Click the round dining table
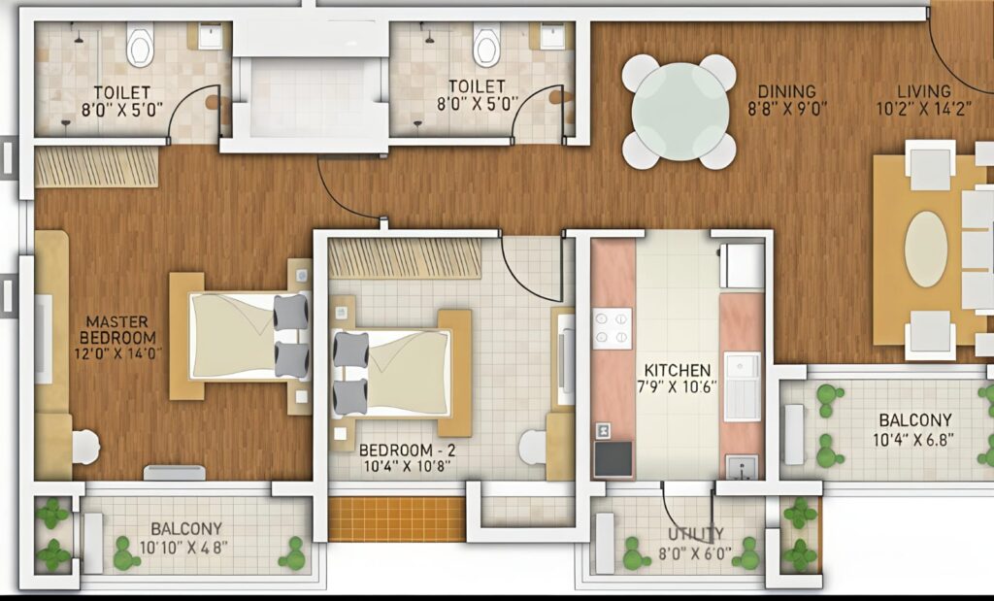[679, 112]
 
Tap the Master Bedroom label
[117, 330]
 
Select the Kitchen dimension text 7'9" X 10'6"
[678, 386]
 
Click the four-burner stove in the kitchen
[612, 328]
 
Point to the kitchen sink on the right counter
[743, 386]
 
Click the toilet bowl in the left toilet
[140, 46]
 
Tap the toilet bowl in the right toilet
[487, 46]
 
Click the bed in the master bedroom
[241, 336]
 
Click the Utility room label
[695, 534]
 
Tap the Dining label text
[786, 92]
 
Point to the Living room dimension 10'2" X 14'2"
[924, 109]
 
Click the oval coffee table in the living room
[926, 250]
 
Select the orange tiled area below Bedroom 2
[397, 518]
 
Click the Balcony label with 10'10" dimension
[186, 529]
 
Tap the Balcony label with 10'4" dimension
[915, 420]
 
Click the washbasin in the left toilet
[211, 37]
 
